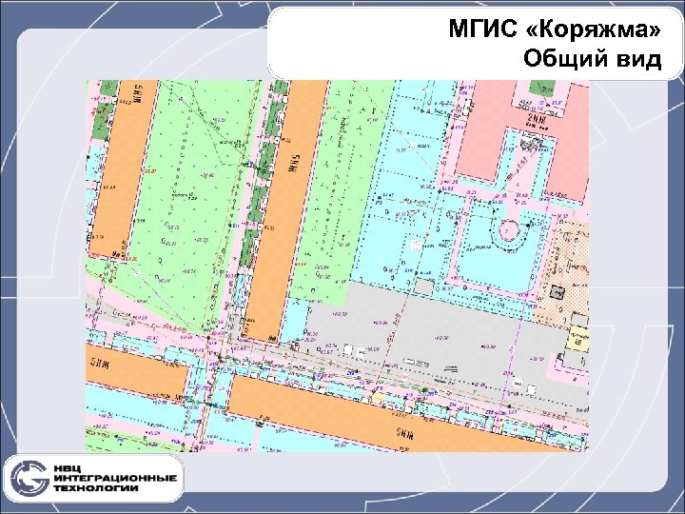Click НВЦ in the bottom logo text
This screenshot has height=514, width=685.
[x=73, y=467]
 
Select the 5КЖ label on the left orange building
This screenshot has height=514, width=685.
[x=99, y=359]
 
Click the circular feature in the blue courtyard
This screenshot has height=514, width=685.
[x=510, y=229]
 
